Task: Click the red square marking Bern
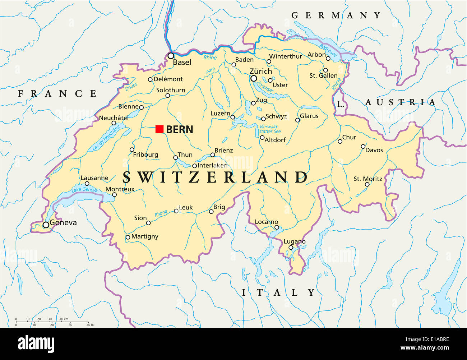pos(159,129)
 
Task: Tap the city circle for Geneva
pos(46,225)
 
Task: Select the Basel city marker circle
pos(171,56)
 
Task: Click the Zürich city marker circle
pos(254,78)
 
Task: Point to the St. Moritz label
pos(368,179)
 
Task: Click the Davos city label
pos(374,150)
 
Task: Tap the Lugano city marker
pos(291,248)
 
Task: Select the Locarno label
pos(266,222)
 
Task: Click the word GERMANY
pos(336,15)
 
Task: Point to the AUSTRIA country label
pos(400,102)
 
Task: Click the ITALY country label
pos(278,293)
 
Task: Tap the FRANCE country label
pos(57,94)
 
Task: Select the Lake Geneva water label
pos(84,189)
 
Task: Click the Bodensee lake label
pos(328,51)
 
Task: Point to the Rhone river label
pos(161,213)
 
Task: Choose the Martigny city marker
pos(128,237)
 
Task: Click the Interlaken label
pos(212,165)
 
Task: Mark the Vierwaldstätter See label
pos(269,129)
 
